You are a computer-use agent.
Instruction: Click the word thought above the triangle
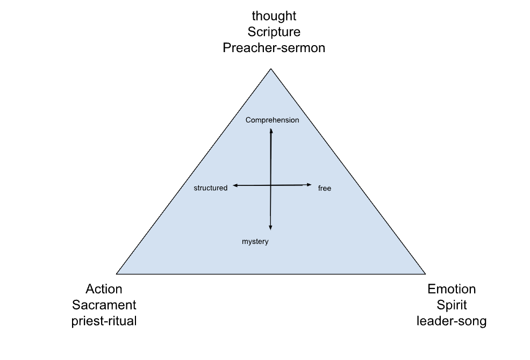click(x=274, y=16)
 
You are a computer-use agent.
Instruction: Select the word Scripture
click(x=274, y=32)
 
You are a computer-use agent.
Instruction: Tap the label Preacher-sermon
click(x=274, y=47)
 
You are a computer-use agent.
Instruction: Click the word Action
click(x=104, y=289)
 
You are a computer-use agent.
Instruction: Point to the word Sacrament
click(x=104, y=305)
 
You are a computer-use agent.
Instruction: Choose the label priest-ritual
click(x=104, y=321)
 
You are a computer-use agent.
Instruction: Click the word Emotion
click(x=452, y=289)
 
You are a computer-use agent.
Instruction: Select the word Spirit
click(x=452, y=305)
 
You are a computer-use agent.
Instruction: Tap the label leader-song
click(x=452, y=321)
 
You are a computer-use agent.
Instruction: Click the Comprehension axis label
click(x=272, y=120)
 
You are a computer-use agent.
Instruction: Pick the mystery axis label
click(x=255, y=242)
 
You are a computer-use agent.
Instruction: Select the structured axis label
click(x=210, y=188)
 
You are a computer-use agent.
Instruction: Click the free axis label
click(x=324, y=189)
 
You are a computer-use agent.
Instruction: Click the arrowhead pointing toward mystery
click(x=270, y=227)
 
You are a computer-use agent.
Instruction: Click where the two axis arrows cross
click(x=270, y=185)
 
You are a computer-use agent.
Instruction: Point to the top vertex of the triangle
click(x=271, y=69)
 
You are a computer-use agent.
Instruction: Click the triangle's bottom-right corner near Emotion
click(x=425, y=273)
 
